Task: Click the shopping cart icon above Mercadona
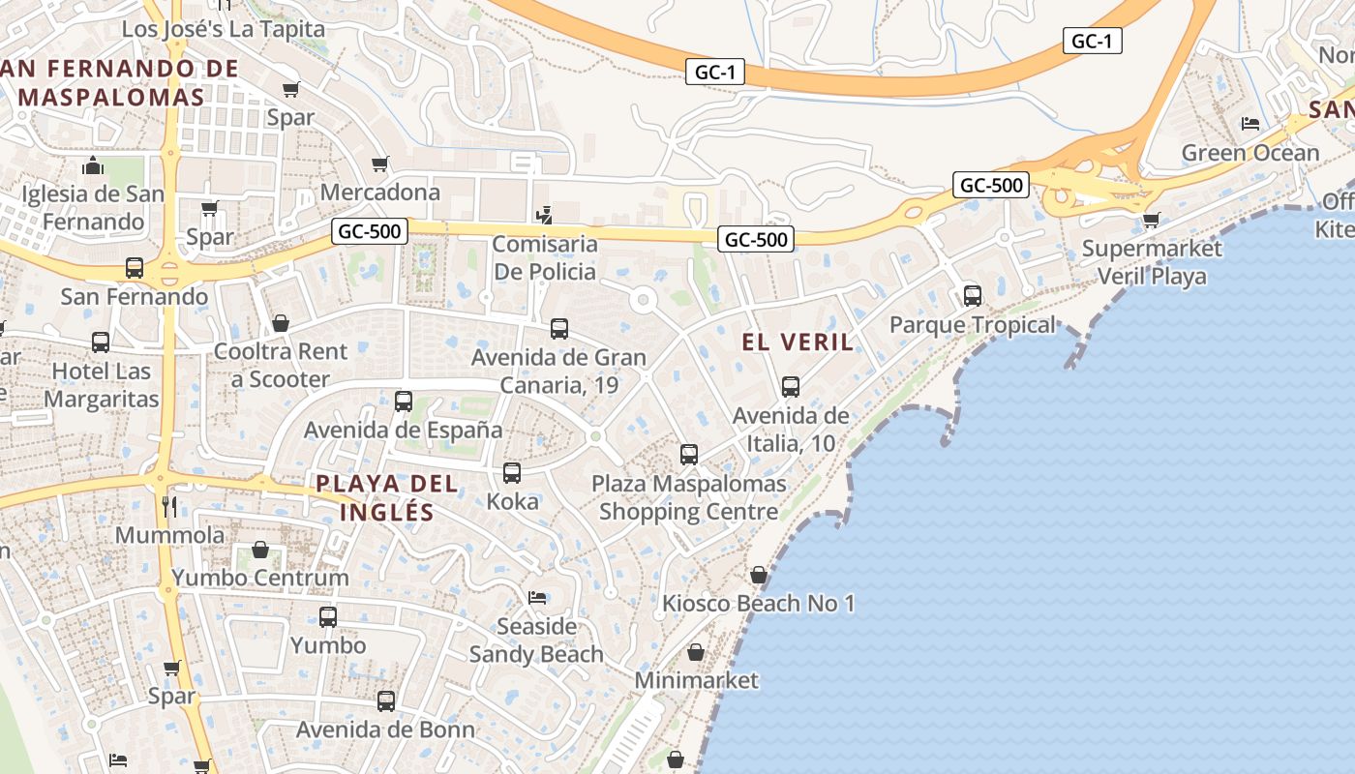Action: click(x=379, y=164)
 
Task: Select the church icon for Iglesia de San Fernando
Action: click(x=93, y=165)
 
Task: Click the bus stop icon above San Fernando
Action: click(x=135, y=268)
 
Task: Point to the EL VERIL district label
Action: click(x=798, y=342)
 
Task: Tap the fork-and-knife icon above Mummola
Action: click(x=169, y=506)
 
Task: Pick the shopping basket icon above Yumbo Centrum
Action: click(x=260, y=550)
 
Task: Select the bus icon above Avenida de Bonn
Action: click(x=386, y=701)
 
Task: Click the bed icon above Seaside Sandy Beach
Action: click(x=536, y=597)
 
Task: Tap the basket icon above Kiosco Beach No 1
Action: click(x=759, y=575)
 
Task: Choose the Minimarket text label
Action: click(x=697, y=680)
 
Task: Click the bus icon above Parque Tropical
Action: click(x=973, y=296)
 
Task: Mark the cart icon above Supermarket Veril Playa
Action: click(x=1151, y=220)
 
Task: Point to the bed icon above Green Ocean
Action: click(x=1250, y=124)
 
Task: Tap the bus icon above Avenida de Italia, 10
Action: click(x=791, y=387)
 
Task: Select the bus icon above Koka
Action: click(x=512, y=473)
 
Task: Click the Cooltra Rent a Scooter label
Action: click(x=281, y=365)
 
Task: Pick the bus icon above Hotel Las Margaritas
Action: click(x=101, y=342)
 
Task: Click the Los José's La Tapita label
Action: click(x=224, y=29)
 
